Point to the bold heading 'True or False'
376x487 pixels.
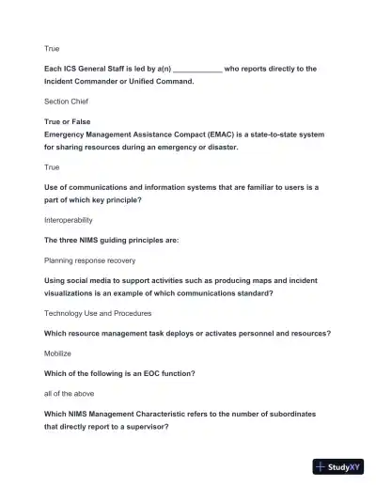tap(68, 121)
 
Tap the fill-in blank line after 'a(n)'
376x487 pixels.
tap(197, 68)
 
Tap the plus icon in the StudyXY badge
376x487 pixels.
tap(321, 465)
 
